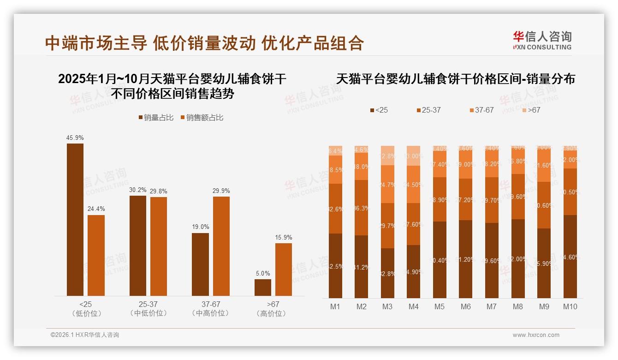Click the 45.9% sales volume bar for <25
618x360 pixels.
75,220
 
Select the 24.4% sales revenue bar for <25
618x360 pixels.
96,255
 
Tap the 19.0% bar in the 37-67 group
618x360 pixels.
200,264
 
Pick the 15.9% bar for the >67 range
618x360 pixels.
284,270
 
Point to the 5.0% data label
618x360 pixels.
263,274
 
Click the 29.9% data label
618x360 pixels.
221,191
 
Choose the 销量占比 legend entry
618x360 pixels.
156,118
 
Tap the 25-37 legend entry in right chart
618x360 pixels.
428,110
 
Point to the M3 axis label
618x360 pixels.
387,306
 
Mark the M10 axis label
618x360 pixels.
570,306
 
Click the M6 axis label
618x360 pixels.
465,306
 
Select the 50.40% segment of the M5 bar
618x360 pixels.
440,260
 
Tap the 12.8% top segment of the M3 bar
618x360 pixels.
387,156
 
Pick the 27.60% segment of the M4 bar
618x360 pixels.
413,224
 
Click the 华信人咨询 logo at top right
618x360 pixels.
542,40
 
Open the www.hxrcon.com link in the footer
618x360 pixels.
536,335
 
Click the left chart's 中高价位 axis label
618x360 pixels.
210,313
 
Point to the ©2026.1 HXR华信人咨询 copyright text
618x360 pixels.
85,335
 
